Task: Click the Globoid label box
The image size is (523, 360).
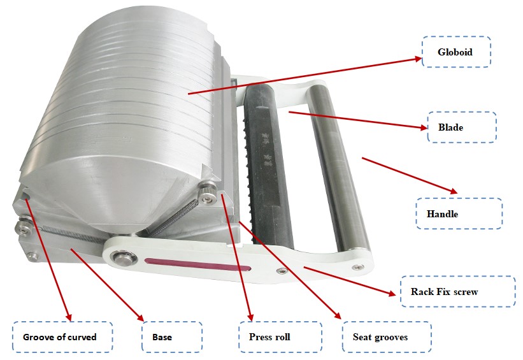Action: point(456,52)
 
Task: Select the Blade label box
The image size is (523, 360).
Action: point(462,127)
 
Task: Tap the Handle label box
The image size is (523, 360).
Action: point(459,214)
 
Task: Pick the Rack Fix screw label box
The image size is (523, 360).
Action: point(457,292)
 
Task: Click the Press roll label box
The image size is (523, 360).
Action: point(273,336)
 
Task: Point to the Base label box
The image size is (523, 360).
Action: point(171,336)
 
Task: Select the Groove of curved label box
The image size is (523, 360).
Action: point(62,336)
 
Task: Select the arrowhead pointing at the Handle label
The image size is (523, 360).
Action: point(454,191)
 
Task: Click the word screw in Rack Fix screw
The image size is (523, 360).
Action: point(465,292)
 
